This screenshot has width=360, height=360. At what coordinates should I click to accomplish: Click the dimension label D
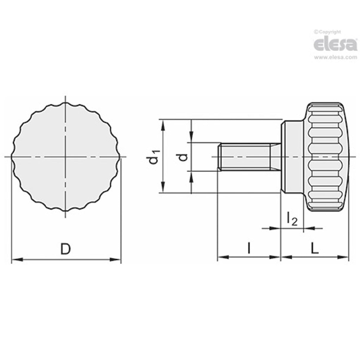pyautogui.click(x=66, y=249)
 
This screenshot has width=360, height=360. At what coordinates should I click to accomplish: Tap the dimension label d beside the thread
pyautogui.click(x=184, y=157)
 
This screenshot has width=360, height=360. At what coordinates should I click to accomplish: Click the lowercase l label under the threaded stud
pyautogui.click(x=249, y=248)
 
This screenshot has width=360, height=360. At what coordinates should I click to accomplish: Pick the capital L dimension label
pyautogui.click(x=315, y=248)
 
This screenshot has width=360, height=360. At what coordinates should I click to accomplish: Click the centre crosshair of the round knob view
pyautogui.click(x=66, y=156)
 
